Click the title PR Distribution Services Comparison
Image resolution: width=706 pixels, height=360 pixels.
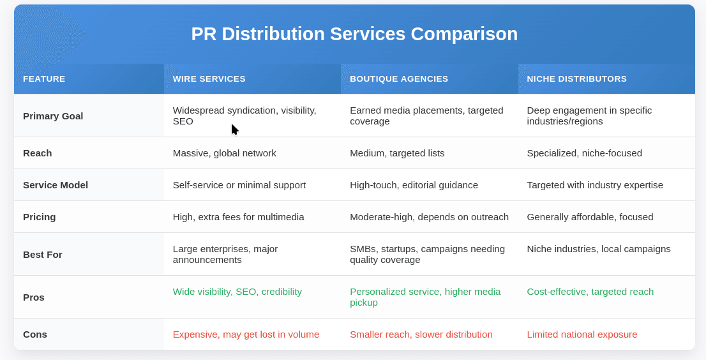[x=354, y=34]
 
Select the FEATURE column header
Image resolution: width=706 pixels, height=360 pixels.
[x=44, y=79]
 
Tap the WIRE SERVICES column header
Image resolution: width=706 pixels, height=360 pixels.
[x=209, y=79]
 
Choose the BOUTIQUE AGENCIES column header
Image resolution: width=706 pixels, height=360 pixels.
[x=399, y=79]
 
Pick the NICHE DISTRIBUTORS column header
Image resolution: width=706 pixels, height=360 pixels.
[x=576, y=79]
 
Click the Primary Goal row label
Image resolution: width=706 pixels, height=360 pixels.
[x=53, y=116]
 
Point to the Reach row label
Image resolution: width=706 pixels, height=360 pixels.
[x=38, y=153]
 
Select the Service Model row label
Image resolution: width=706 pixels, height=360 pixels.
[x=56, y=185]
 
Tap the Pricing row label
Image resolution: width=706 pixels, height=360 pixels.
[x=40, y=217]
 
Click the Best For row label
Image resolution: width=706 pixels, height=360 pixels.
[x=43, y=254]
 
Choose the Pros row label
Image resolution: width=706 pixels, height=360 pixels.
[x=34, y=297]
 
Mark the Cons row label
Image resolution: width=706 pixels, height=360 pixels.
[x=35, y=334]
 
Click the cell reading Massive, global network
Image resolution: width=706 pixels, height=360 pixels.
[x=224, y=153]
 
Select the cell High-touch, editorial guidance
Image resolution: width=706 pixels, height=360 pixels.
[x=414, y=185]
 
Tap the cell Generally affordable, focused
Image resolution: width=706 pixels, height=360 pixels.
[x=590, y=217]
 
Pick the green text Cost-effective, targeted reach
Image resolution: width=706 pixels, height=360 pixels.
[x=590, y=292]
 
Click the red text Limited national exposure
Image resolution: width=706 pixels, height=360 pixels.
[x=582, y=334]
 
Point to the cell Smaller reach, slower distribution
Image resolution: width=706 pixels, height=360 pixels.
[x=421, y=334]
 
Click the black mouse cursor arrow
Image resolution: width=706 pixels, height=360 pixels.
[x=234, y=129]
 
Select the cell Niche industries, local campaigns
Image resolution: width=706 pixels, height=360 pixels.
[x=598, y=249]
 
